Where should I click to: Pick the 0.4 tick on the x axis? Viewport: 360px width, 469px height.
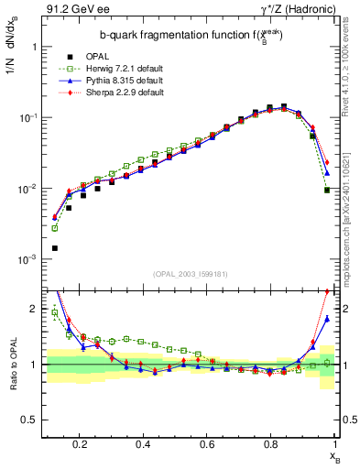pos(143,445)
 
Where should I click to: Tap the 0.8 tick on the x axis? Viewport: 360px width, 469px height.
pos(270,445)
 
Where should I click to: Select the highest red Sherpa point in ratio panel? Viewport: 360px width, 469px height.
pos(327,292)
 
